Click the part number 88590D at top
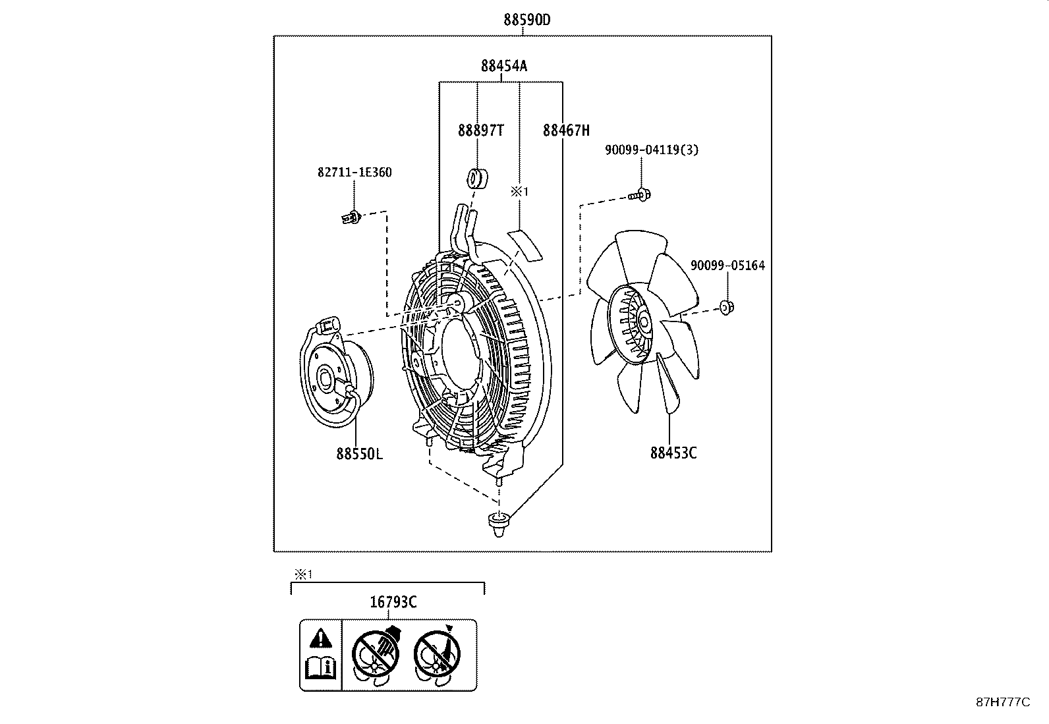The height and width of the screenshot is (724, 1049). [526, 20]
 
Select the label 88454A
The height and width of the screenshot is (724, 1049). [503, 66]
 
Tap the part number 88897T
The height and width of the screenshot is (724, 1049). [480, 130]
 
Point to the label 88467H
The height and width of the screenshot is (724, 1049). [565, 130]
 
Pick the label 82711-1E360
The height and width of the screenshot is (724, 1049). [354, 173]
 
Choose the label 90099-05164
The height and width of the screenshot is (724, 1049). [727, 265]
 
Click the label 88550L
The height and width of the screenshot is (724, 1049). [358, 454]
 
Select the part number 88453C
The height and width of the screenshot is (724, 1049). [673, 453]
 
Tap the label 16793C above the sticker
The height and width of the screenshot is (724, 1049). [393, 601]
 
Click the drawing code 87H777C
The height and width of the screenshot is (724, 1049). [1002, 702]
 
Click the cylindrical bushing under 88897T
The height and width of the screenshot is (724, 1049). [476, 178]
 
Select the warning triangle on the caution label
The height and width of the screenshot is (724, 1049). [320, 638]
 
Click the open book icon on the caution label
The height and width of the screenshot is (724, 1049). [321, 669]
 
